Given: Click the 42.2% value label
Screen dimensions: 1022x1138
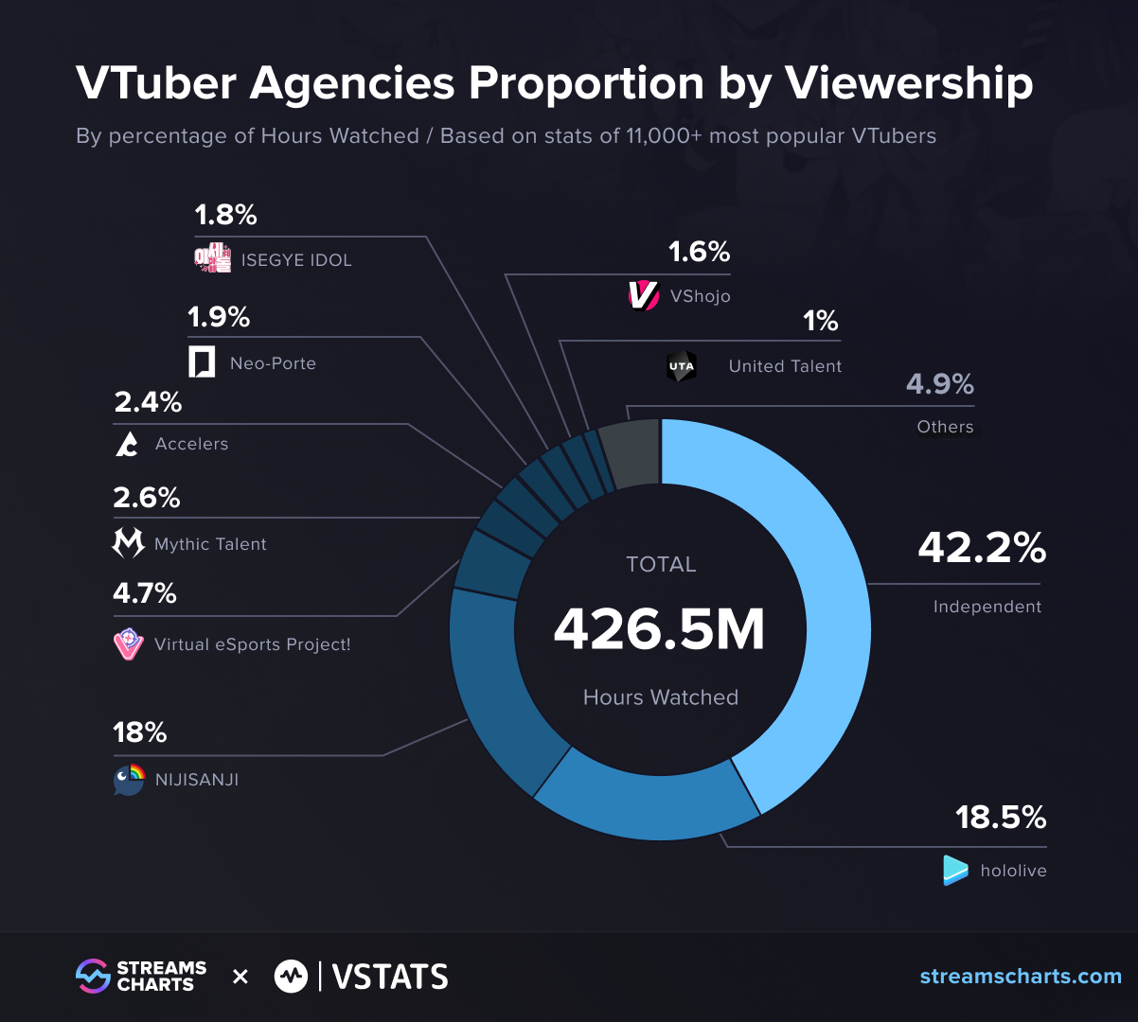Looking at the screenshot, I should tap(981, 548).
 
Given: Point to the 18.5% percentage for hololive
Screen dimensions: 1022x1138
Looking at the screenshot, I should tap(1000, 817).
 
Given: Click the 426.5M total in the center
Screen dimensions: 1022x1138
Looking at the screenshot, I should tap(659, 629).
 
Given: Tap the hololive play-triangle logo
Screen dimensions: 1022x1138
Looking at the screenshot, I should tap(955, 870).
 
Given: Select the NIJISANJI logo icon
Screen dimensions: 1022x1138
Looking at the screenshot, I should tap(129, 780).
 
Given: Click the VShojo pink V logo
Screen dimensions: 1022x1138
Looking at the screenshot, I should tap(643, 295).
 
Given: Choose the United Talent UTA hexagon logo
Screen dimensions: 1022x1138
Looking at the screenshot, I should tap(681, 366).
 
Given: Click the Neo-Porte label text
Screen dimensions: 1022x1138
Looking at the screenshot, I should tap(273, 363).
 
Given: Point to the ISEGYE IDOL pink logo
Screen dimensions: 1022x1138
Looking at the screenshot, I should tap(212, 257).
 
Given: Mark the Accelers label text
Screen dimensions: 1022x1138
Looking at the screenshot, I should tap(191, 444).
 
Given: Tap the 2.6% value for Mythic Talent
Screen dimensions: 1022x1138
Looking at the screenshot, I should tap(147, 498).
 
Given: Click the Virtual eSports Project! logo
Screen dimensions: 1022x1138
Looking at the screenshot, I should tap(128, 644).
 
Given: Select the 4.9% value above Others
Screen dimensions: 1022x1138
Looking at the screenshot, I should tap(939, 384).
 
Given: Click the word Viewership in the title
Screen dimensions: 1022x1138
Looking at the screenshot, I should tap(909, 83).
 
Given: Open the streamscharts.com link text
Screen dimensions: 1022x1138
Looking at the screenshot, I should tap(1021, 977).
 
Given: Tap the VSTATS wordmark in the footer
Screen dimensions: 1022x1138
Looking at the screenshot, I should tap(390, 977).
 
